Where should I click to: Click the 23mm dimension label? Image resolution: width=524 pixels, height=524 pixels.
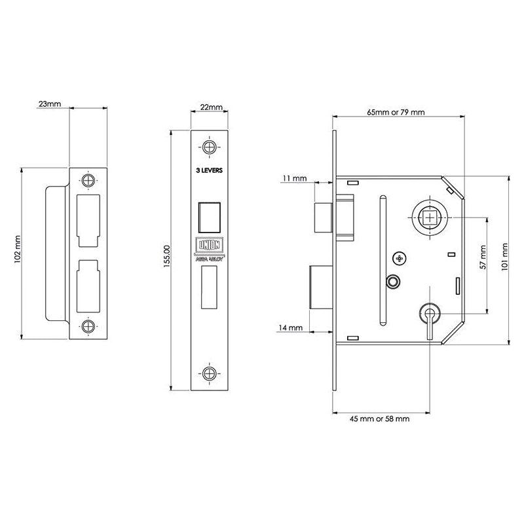click(50, 103)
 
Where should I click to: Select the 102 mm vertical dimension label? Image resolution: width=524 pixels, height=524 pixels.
click(18, 252)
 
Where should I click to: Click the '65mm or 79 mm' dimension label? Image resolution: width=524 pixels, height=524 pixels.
click(396, 112)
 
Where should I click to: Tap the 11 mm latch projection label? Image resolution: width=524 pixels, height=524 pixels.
click(295, 178)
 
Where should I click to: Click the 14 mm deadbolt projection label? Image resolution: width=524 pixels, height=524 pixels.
click(290, 327)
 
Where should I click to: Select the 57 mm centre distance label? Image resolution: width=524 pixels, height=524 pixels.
click(483, 258)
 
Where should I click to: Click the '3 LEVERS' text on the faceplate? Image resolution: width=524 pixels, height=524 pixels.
click(210, 170)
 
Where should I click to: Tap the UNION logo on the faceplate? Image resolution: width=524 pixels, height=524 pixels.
click(210, 244)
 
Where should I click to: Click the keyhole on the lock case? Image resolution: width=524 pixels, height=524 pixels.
click(430, 314)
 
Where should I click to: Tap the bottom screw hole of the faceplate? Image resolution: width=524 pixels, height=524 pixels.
click(210, 373)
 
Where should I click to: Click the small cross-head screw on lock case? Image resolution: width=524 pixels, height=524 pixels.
click(400, 257)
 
